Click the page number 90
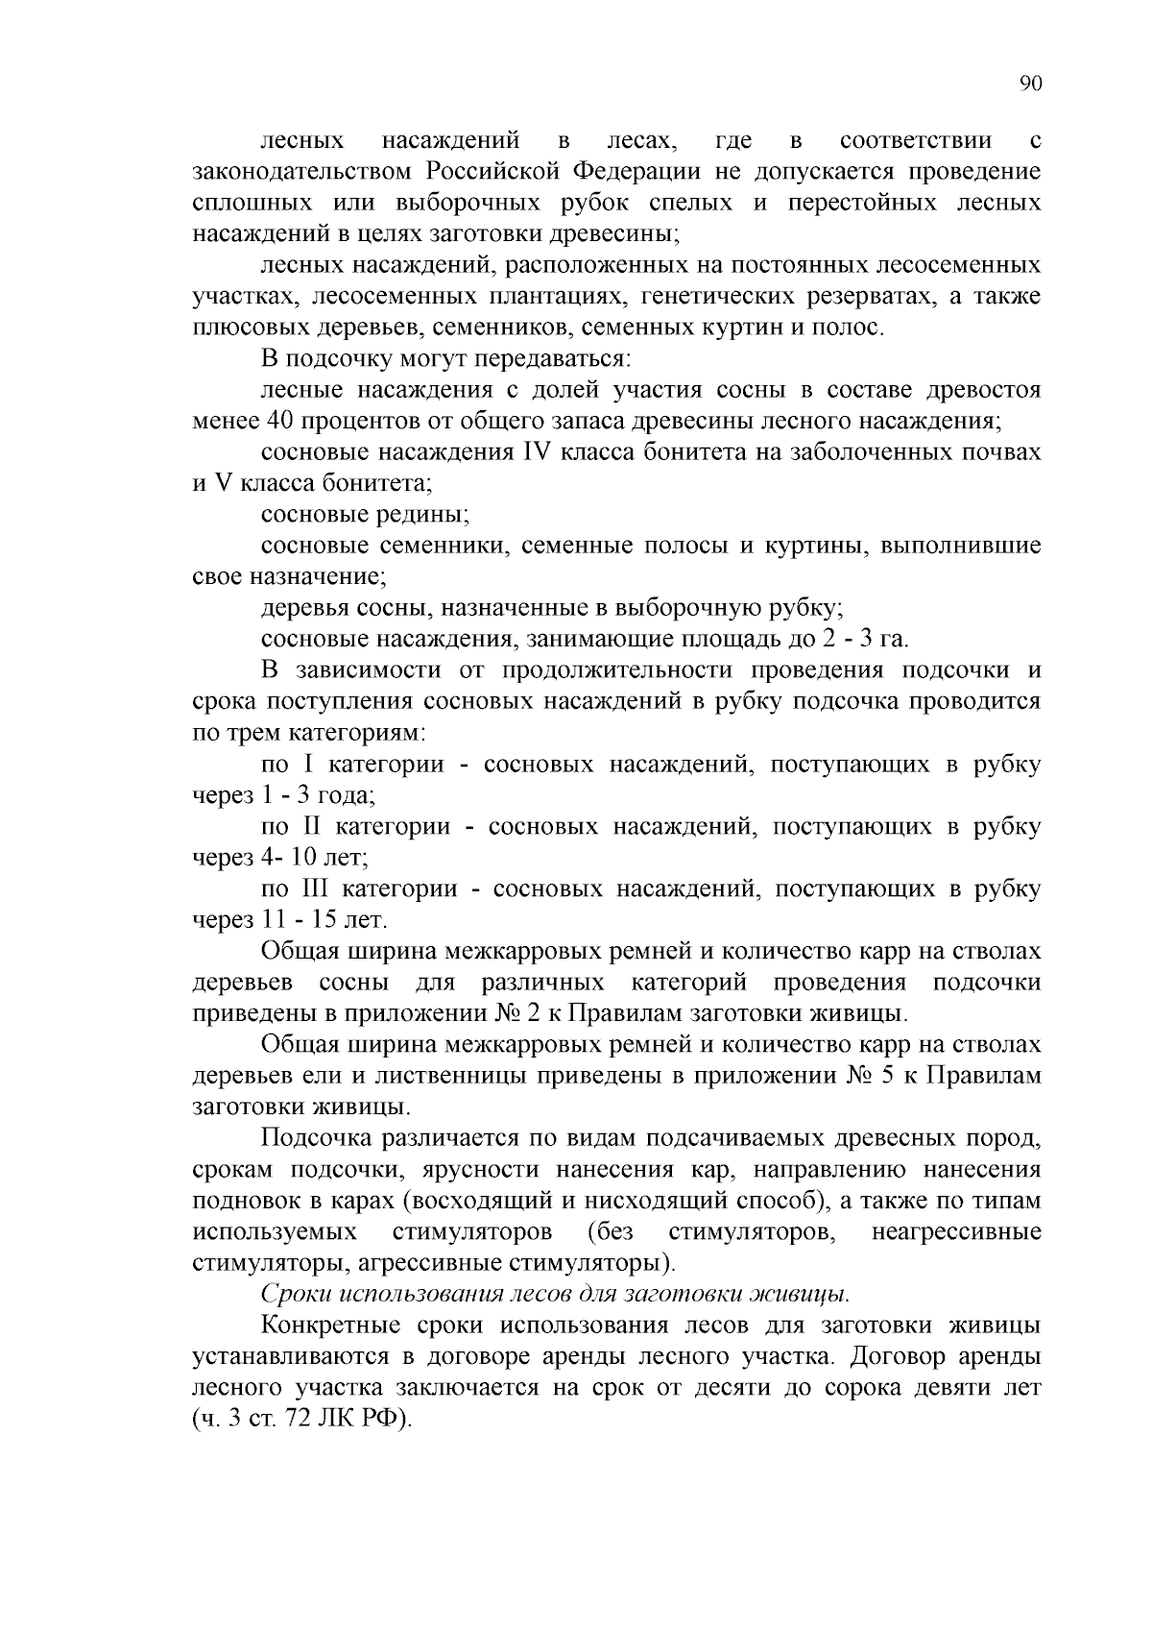click(1029, 84)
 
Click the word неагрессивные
click(955, 1231)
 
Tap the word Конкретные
click(330, 1326)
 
